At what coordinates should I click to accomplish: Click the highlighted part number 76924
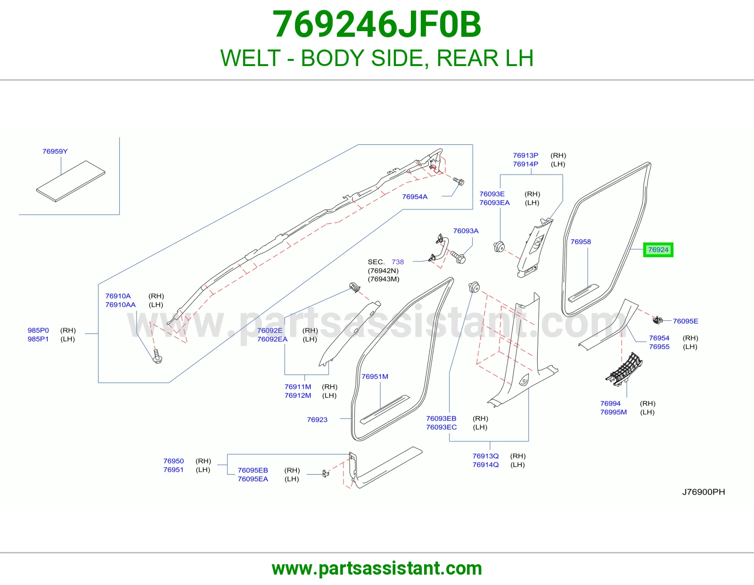pyautogui.click(x=658, y=250)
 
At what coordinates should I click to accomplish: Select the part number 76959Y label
pyautogui.click(x=55, y=151)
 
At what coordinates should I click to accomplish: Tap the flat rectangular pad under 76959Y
pyautogui.click(x=71, y=181)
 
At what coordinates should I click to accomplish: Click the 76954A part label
pyautogui.click(x=415, y=197)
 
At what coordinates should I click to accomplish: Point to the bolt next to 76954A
pyautogui.click(x=459, y=181)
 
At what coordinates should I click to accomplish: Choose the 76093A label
pyautogui.click(x=466, y=231)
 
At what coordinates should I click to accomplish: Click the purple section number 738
pyautogui.click(x=398, y=262)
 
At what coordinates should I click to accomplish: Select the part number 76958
pyautogui.click(x=581, y=242)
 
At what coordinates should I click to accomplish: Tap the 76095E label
pyautogui.click(x=685, y=321)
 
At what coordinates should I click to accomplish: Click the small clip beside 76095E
pyautogui.click(x=657, y=320)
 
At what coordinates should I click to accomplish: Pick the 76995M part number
pyautogui.click(x=614, y=412)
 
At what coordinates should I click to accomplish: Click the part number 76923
pyautogui.click(x=317, y=420)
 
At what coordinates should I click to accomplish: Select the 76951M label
pyautogui.click(x=375, y=376)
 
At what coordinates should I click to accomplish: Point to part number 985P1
pyautogui.click(x=38, y=339)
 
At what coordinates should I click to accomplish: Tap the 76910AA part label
pyautogui.click(x=120, y=305)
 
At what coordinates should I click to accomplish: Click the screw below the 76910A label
pyautogui.click(x=157, y=356)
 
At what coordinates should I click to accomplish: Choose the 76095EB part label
pyautogui.click(x=253, y=470)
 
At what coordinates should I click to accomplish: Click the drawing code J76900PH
pyautogui.click(x=703, y=492)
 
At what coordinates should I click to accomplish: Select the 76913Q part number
pyautogui.click(x=485, y=456)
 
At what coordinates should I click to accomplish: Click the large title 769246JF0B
pyautogui.click(x=377, y=25)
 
